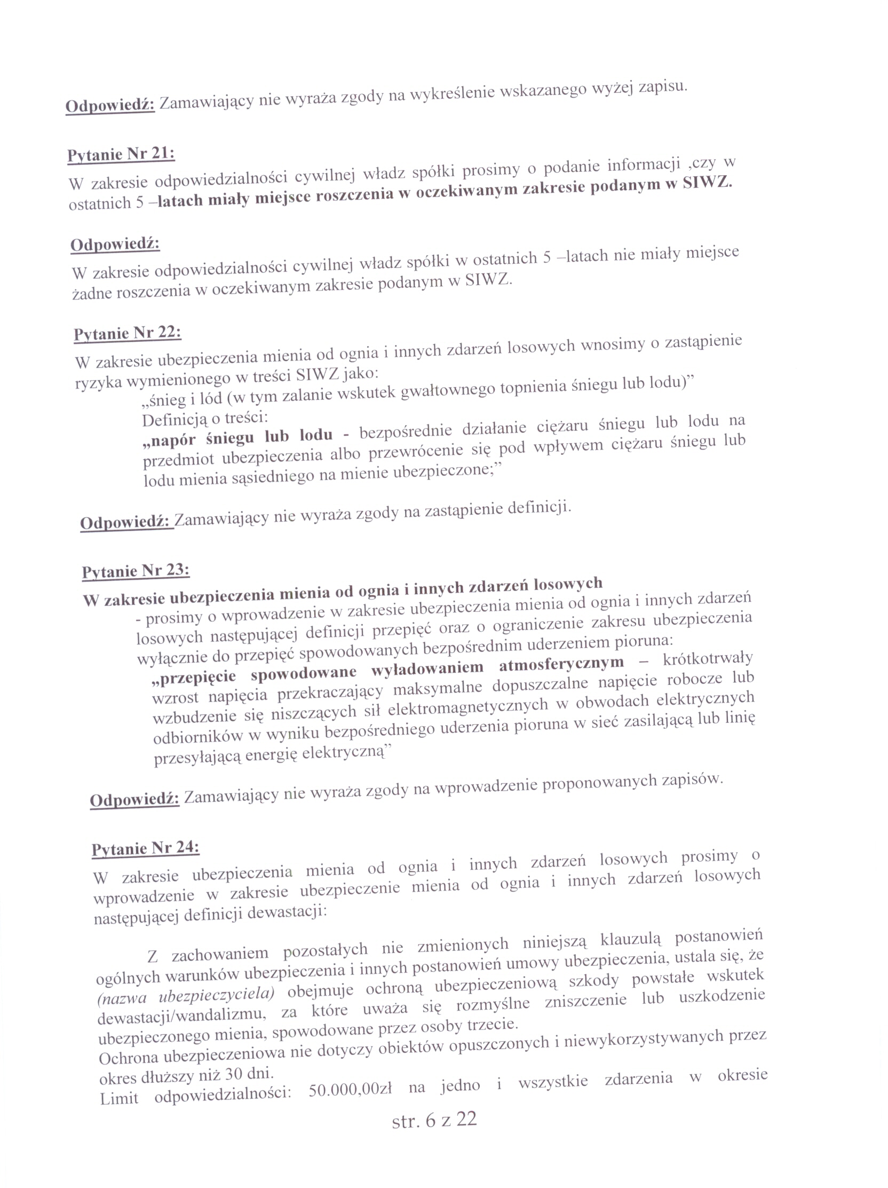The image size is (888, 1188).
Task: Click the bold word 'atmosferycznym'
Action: tap(561, 664)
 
